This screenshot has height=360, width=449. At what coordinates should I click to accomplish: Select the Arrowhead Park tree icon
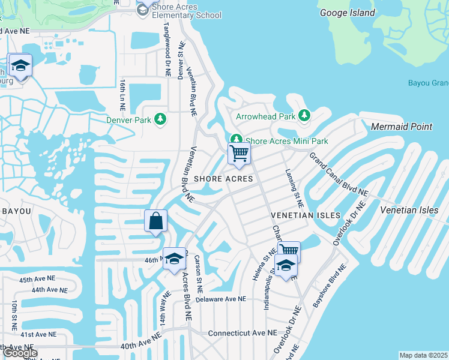(304, 115)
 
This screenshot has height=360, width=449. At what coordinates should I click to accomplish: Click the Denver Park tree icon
(160, 119)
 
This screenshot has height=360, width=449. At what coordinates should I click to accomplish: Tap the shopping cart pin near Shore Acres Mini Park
(239, 154)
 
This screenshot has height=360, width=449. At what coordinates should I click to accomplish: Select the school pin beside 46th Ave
(175, 259)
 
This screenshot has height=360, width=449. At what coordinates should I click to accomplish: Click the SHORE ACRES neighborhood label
(223, 179)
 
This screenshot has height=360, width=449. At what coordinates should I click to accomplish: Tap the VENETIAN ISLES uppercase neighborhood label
(306, 215)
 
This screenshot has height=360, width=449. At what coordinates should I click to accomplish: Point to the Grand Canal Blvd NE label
(339, 174)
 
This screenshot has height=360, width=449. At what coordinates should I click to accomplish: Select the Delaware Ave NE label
(221, 299)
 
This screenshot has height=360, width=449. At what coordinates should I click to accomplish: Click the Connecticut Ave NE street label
(243, 332)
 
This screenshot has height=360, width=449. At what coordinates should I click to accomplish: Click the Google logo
(20, 353)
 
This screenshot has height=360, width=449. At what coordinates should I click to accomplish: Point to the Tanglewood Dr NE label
(167, 48)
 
